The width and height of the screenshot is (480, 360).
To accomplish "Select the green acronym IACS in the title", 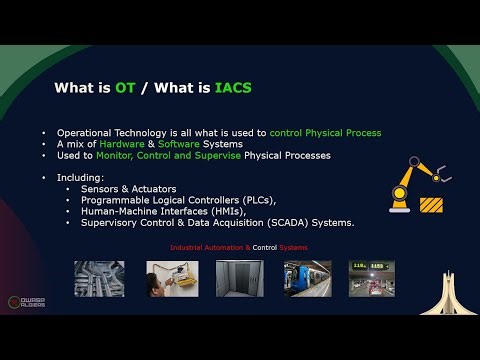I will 233,89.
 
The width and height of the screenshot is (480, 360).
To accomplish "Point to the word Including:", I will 79,177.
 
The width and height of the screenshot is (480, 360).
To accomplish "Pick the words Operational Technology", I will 105,133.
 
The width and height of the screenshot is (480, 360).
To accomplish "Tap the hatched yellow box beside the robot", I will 431,205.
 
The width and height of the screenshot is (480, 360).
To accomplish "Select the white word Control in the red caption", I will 265,247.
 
